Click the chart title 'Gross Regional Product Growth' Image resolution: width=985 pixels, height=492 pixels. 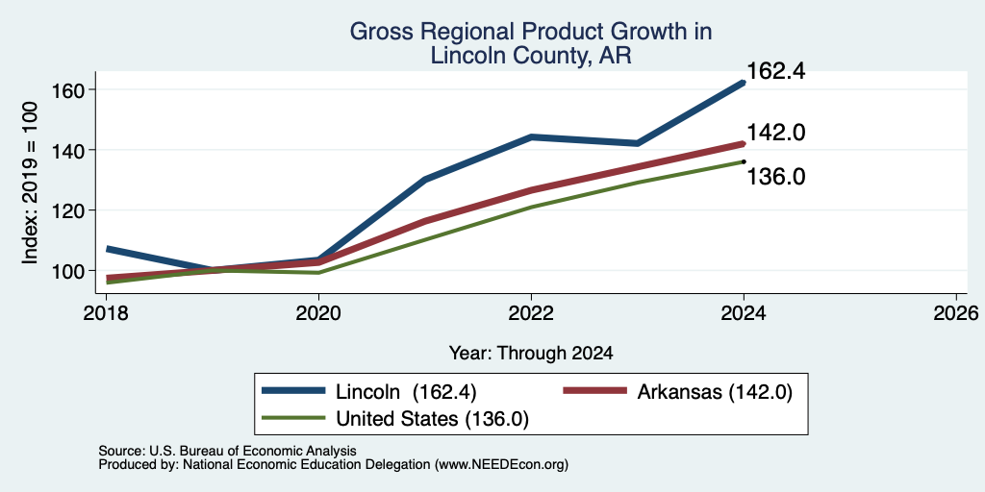click(x=531, y=32)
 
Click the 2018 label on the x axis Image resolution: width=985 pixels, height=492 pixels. click(x=106, y=312)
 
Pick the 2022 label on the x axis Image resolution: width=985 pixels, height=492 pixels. click(x=531, y=312)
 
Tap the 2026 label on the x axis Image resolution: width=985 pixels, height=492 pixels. click(x=957, y=312)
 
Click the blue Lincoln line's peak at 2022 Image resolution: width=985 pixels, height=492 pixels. click(x=531, y=136)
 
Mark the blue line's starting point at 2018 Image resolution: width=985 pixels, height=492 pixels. click(x=108, y=249)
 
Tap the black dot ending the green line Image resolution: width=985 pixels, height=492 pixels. click(x=744, y=161)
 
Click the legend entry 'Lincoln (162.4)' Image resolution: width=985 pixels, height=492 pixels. click(x=369, y=392)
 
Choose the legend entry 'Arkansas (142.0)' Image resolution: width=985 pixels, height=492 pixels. click(x=678, y=392)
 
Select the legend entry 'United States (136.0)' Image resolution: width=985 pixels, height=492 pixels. click(x=395, y=419)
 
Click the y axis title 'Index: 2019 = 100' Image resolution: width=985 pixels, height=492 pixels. click(x=30, y=183)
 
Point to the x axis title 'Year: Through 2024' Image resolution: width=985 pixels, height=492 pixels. click(x=531, y=354)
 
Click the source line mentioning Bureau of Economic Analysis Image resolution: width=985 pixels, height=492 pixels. click(x=227, y=451)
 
